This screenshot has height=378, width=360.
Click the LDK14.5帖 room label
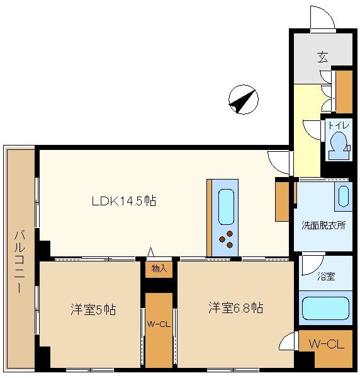coord(124,201)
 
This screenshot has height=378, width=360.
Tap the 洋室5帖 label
coord(93,309)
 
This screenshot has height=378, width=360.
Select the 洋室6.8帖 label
coord(236,307)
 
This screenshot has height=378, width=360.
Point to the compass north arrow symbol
coord(243,100)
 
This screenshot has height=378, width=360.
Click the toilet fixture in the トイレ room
coord(339,146)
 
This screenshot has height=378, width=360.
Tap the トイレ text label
coord(339,125)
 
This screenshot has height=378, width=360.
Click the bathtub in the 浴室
coord(325,308)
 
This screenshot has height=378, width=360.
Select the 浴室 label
coord(326,277)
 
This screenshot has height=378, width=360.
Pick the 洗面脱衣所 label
coord(324,226)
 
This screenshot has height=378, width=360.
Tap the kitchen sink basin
coord(226,207)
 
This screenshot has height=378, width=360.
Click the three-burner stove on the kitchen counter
coord(226,239)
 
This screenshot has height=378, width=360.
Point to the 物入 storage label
coord(159,268)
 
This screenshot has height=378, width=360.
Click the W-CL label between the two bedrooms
coord(159,324)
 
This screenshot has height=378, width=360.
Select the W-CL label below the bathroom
coord(326,344)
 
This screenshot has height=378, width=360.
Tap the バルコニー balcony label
coord(19,262)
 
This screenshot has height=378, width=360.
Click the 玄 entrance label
coord(323,57)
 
